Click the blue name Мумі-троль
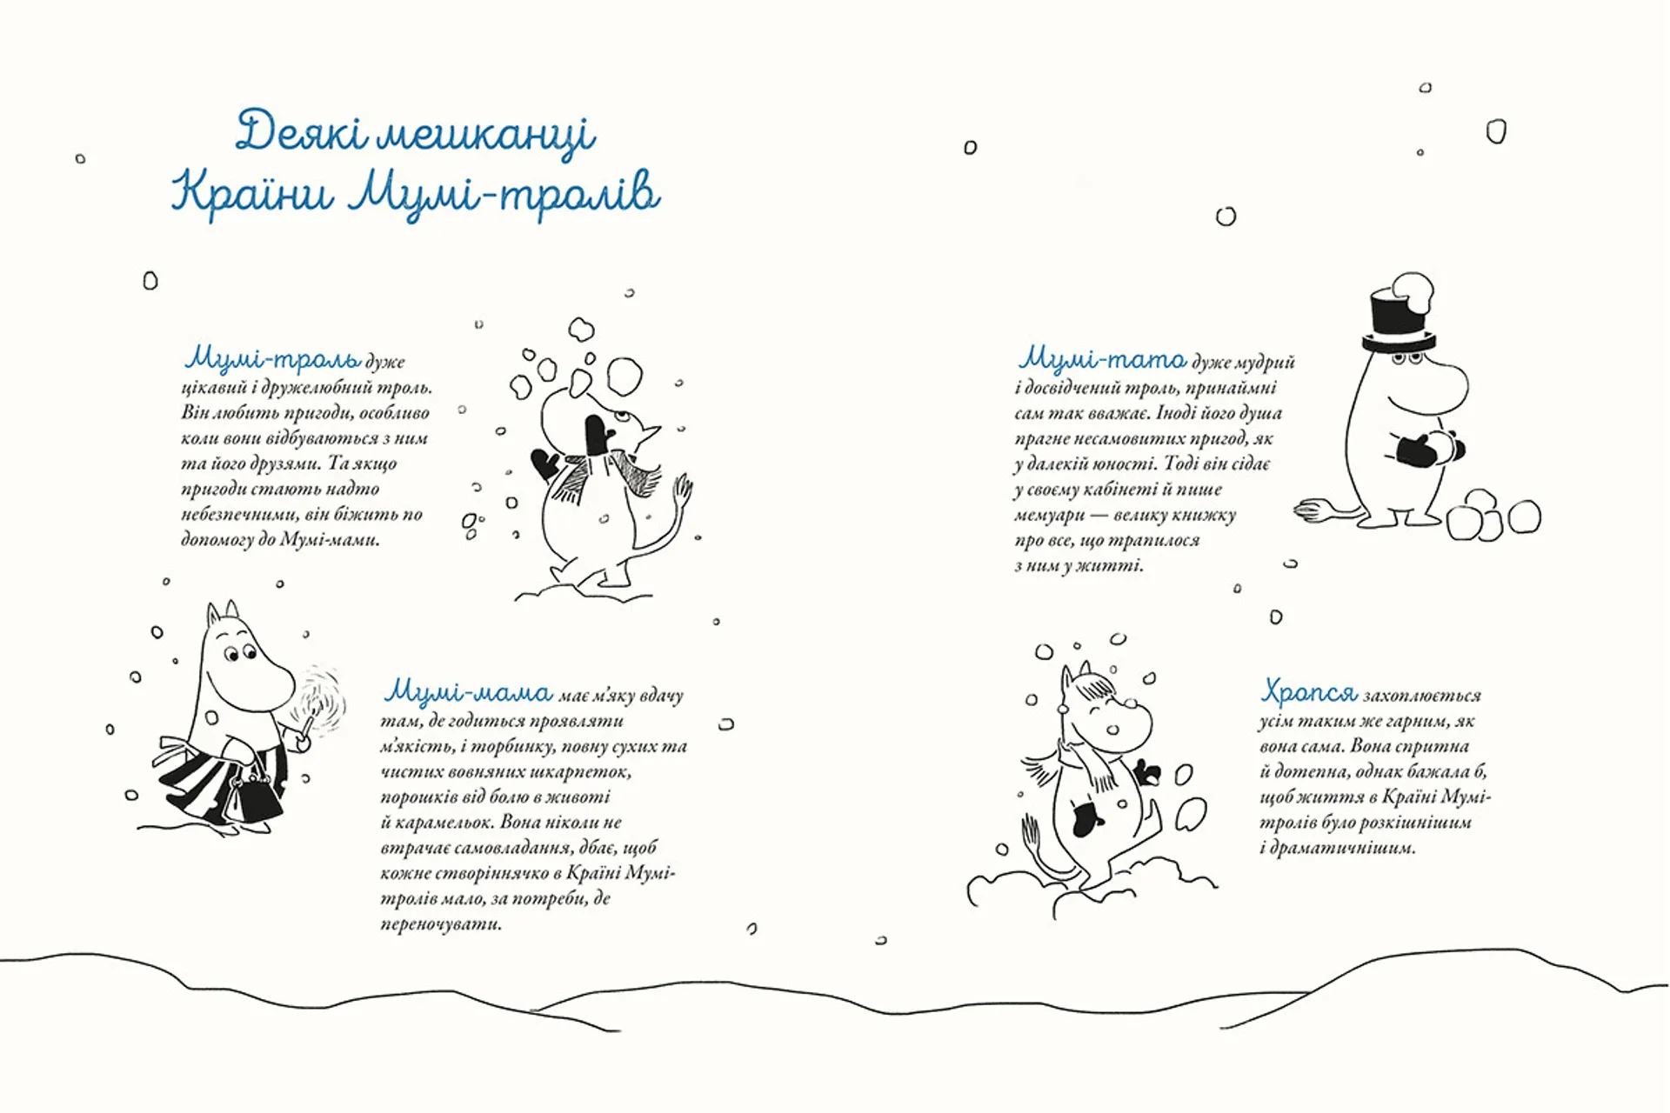273,359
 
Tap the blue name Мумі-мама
468,693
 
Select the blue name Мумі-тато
1102,359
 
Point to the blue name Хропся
1309,693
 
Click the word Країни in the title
252,193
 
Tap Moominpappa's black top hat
1398,318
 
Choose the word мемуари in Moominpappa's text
1050,516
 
